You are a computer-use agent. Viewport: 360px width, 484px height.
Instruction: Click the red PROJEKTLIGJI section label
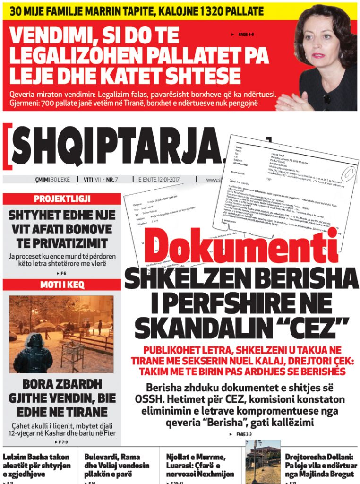tap(62, 199)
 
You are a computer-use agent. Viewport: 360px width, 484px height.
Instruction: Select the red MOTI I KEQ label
tap(62, 285)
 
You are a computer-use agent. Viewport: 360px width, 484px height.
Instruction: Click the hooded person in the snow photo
tap(33, 354)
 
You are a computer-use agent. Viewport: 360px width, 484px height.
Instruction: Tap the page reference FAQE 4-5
tap(245, 34)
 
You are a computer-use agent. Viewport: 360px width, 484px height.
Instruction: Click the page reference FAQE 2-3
tap(244, 434)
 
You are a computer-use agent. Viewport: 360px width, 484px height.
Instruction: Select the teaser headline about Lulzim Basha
tap(37, 465)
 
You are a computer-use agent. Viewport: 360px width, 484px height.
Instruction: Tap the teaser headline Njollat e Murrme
tap(200, 465)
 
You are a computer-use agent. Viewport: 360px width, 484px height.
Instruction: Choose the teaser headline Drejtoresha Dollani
tap(319, 465)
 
